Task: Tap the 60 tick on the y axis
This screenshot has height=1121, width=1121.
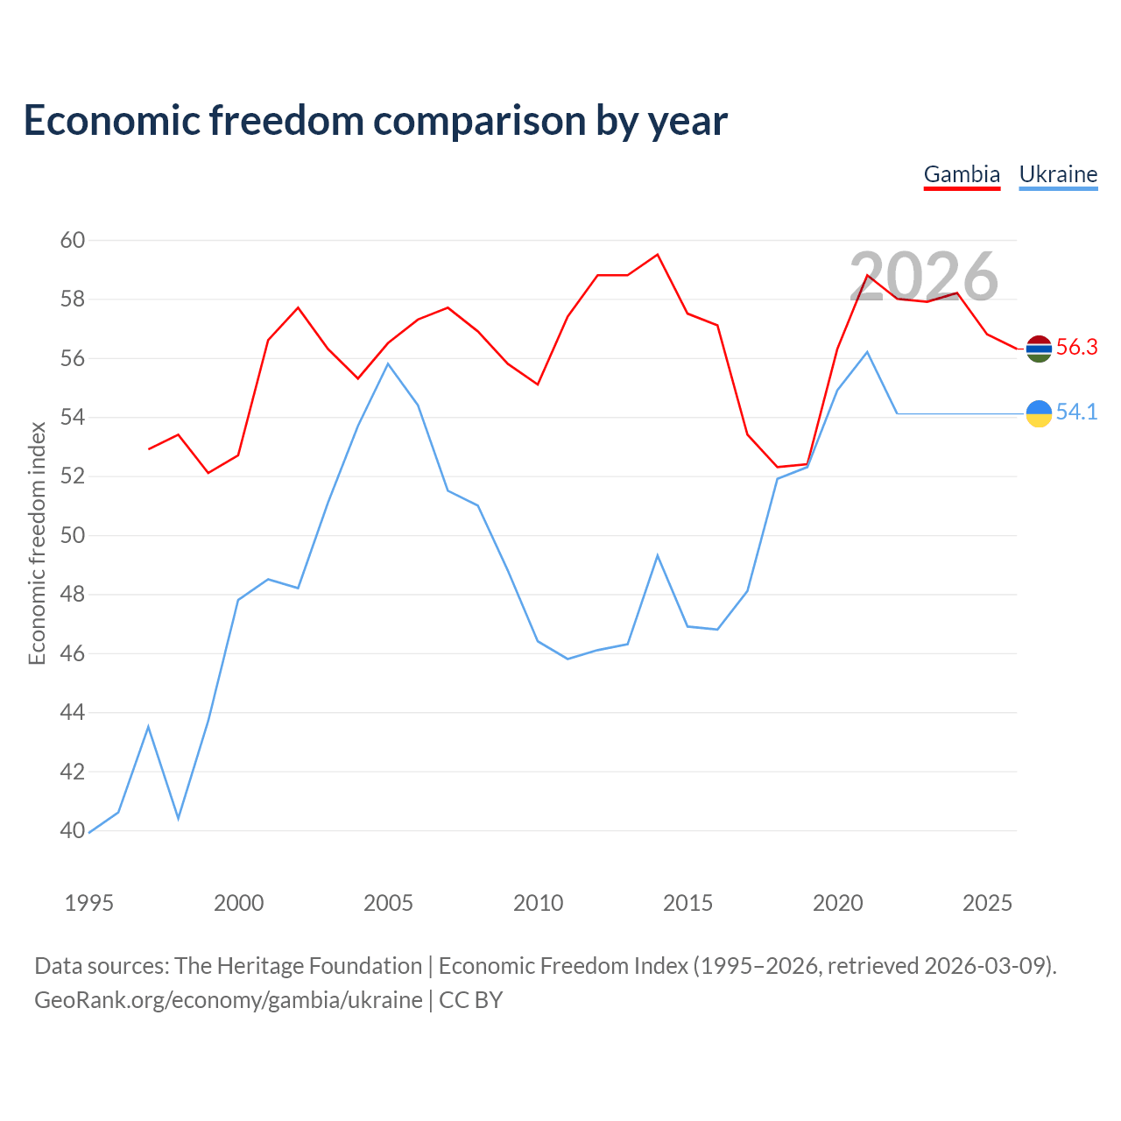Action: point(73,240)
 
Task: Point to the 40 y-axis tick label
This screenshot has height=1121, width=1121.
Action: point(73,831)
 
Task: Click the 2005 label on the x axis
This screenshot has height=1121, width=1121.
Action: point(388,903)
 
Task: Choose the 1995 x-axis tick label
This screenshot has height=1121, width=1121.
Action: point(89,903)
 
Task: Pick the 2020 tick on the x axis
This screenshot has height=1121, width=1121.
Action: point(838,903)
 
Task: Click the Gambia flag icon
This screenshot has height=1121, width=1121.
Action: point(1039,349)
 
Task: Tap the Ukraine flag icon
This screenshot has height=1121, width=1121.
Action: point(1039,413)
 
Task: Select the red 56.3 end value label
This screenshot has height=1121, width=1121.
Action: point(1077,348)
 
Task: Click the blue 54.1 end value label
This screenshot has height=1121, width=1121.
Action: point(1077,412)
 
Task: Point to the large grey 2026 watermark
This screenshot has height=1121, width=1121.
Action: point(924,277)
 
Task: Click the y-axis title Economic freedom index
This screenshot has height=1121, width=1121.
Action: point(38,543)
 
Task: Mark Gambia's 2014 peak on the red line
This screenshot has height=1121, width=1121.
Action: point(658,255)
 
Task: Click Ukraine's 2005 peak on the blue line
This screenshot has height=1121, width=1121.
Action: point(388,364)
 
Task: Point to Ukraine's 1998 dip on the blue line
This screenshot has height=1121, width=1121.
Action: point(178,819)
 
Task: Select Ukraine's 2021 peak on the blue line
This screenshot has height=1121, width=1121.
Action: point(867,352)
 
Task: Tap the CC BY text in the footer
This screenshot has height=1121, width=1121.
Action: point(470,1001)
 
